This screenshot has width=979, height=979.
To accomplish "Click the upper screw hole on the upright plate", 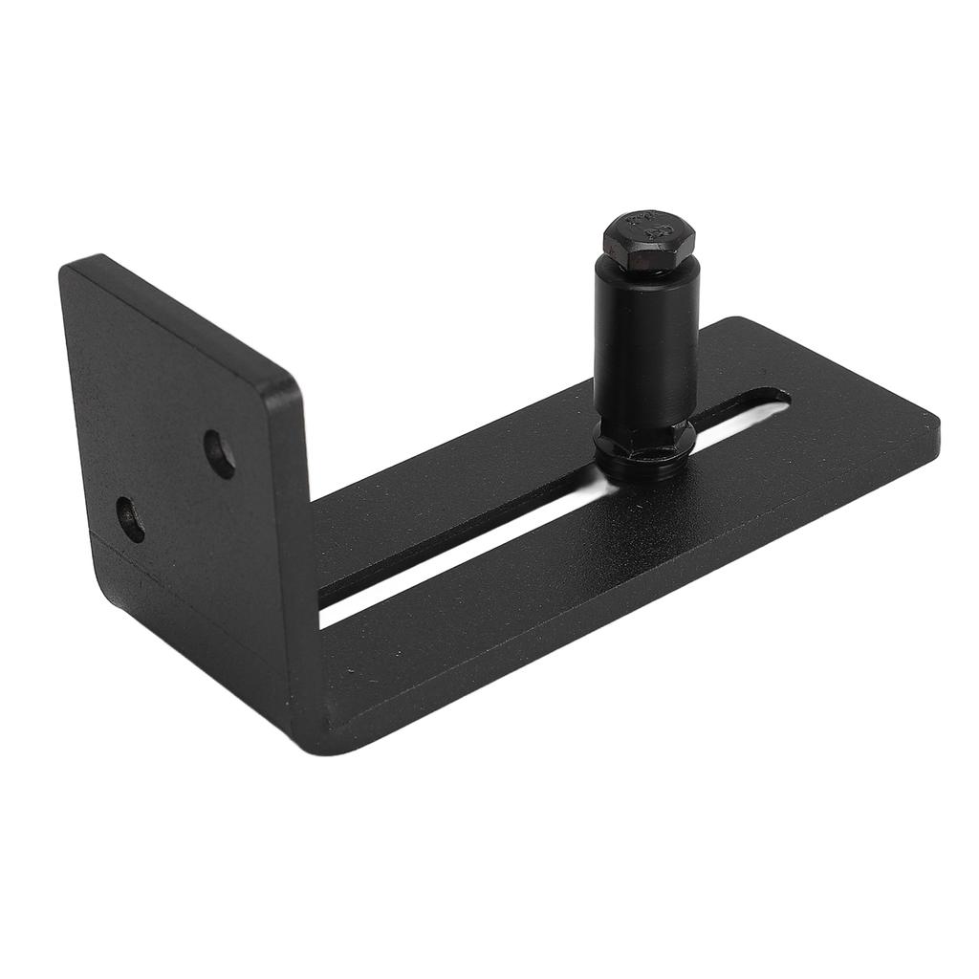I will click(x=220, y=454).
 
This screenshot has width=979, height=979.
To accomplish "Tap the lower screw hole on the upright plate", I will click(x=131, y=519).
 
